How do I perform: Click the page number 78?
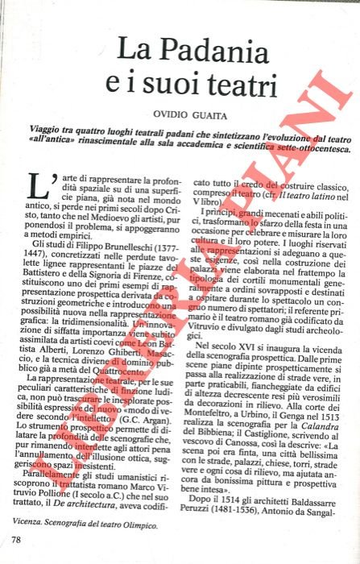(x=16, y=539)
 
